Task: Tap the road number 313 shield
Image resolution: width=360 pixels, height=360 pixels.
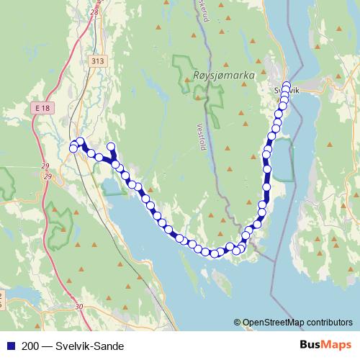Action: click(98, 62)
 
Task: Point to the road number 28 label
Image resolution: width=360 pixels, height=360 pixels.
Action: click(95, 12)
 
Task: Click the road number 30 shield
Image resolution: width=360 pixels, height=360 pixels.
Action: click(78, 306)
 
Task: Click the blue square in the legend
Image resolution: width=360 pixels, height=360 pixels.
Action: click(9, 346)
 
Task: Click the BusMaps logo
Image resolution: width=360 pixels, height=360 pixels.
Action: click(326, 345)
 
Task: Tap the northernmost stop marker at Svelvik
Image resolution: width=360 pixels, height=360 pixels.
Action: click(286, 86)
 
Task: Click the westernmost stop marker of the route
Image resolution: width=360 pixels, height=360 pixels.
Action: click(73, 148)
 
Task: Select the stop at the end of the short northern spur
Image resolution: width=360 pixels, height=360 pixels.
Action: click(111, 147)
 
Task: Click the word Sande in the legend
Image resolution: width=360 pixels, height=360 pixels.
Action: click(100, 346)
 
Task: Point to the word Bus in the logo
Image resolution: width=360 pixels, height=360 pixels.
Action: click(312, 345)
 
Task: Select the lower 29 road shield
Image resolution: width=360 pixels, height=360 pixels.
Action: click(47, 176)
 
